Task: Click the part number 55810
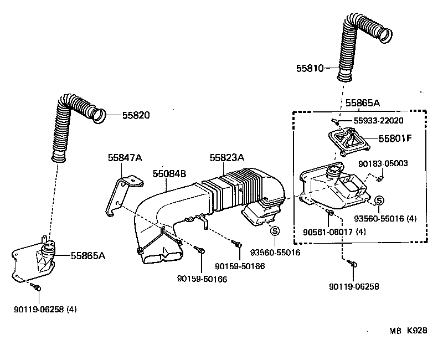click(x=310, y=69)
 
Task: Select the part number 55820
click(x=136, y=115)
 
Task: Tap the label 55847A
click(x=125, y=158)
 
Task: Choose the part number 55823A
click(x=226, y=158)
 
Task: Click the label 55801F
click(x=394, y=138)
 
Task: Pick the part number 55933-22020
click(x=378, y=121)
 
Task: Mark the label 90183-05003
click(x=383, y=163)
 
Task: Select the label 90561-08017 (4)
click(x=334, y=233)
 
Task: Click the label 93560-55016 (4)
click(x=386, y=219)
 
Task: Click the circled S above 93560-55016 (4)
click(x=379, y=200)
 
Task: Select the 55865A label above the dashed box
click(x=363, y=102)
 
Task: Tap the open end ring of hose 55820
click(x=98, y=115)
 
